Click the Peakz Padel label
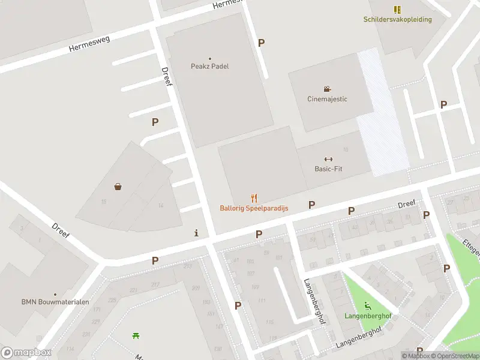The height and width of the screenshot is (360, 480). pyautogui.click(x=209, y=67)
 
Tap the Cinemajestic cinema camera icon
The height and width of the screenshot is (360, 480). pyautogui.click(x=327, y=89)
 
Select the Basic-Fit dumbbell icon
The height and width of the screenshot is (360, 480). pyautogui.click(x=328, y=159)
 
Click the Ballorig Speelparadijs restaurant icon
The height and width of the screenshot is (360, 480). pyautogui.click(x=254, y=198)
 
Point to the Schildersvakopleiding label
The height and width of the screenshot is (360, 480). pyautogui.click(x=397, y=19)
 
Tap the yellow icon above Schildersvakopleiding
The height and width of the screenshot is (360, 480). pyautogui.click(x=397, y=9)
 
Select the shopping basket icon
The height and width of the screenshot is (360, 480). pyautogui.click(x=118, y=187)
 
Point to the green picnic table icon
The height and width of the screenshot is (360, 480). pyautogui.click(x=136, y=335)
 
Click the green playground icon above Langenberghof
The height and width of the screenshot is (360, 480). pyautogui.click(x=367, y=306)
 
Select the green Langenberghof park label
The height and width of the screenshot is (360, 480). pyautogui.click(x=368, y=316)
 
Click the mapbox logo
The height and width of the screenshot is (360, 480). pyautogui.click(x=26, y=352)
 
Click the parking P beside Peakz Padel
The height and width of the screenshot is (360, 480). pyautogui.click(x=261, y=43)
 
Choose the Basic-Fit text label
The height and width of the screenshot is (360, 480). pyautogui.click(x=328, y=169)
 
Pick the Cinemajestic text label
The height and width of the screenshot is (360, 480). pyautogui.click(x=327, y=99)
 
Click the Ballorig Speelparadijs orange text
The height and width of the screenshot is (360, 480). pyautogui.click(x=254, y=208)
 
